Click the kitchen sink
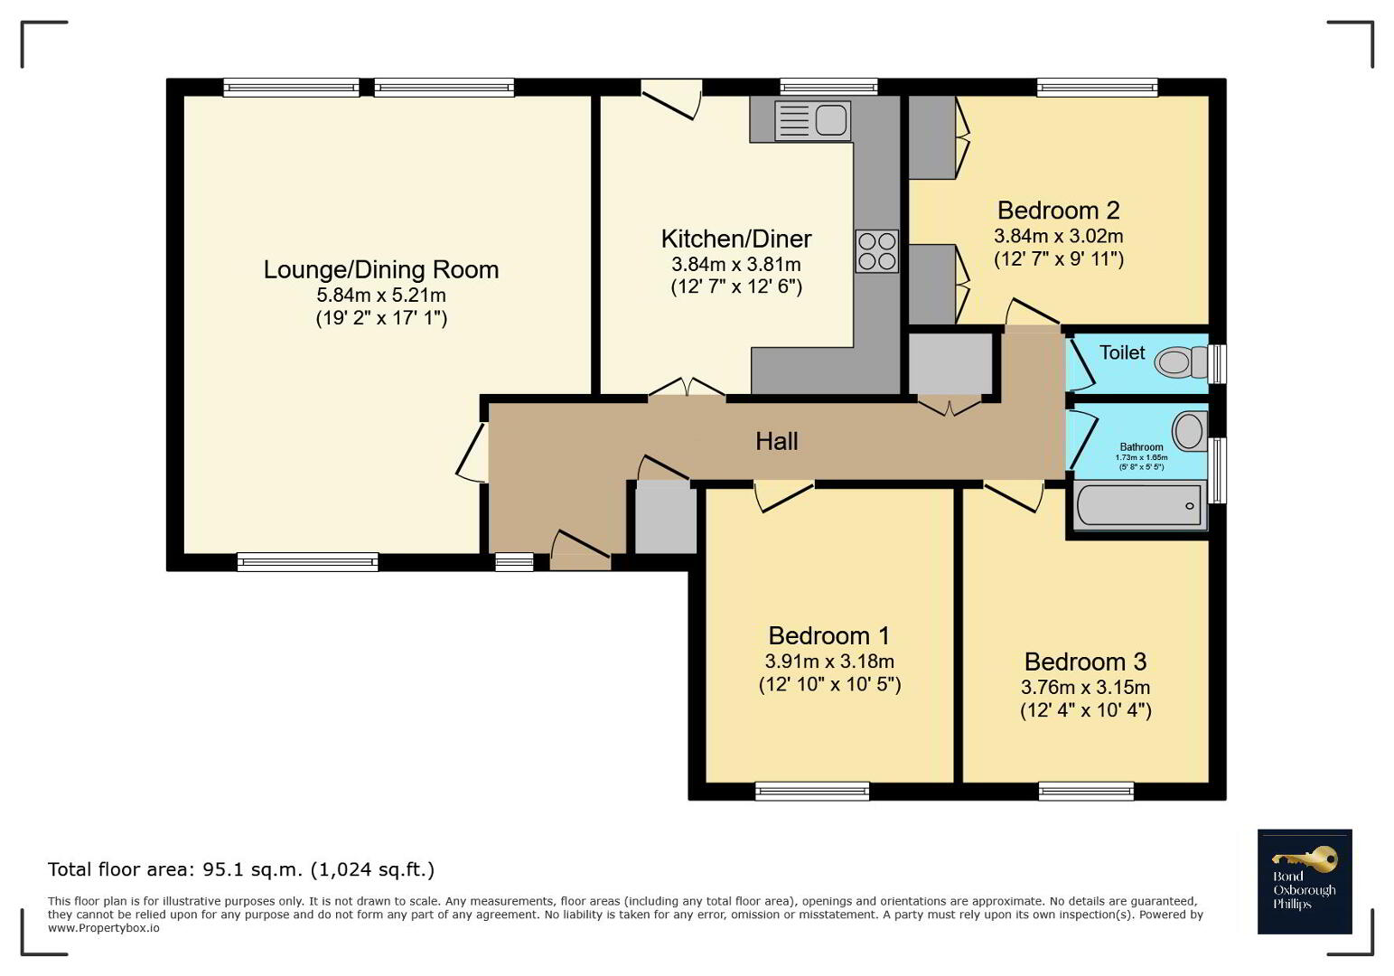point(812,120)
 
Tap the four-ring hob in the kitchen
point(877,251)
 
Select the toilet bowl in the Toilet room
point(1181,361)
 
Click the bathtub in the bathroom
point(1138,505)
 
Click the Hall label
point(777,441)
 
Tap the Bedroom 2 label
point(1059,211)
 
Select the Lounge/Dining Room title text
point(381,269)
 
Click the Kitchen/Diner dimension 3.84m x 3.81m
point(736,265)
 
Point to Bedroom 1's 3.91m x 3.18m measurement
point(829,661)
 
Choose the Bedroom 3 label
point(1085,661)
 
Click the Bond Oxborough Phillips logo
point(1305,881)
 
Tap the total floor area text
point(241,869)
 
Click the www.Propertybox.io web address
point(104,928)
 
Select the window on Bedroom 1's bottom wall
point(812,791)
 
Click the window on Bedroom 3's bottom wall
point(1086,791)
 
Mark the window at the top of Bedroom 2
point(1097,87)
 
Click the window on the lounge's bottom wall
point(307,562)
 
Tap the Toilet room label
point(1122,352)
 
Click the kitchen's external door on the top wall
point(671,99)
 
